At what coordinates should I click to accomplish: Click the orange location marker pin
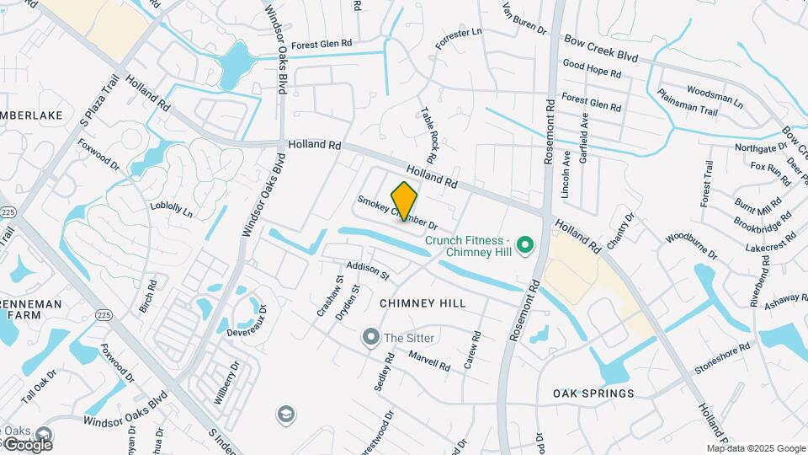405,201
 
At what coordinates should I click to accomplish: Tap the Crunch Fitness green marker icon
526,246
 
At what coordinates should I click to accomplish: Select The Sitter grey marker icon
370,338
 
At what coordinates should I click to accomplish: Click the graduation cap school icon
286,415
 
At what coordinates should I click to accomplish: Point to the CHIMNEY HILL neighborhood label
423,302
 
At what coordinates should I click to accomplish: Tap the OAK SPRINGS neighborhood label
593,393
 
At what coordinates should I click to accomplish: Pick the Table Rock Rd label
428,135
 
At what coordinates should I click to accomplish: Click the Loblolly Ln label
173,210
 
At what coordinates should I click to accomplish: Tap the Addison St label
368,270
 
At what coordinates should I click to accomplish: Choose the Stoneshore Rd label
721,358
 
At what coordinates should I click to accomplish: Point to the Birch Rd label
148,296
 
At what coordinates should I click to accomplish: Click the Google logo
27,444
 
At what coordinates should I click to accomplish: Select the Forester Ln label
459,38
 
